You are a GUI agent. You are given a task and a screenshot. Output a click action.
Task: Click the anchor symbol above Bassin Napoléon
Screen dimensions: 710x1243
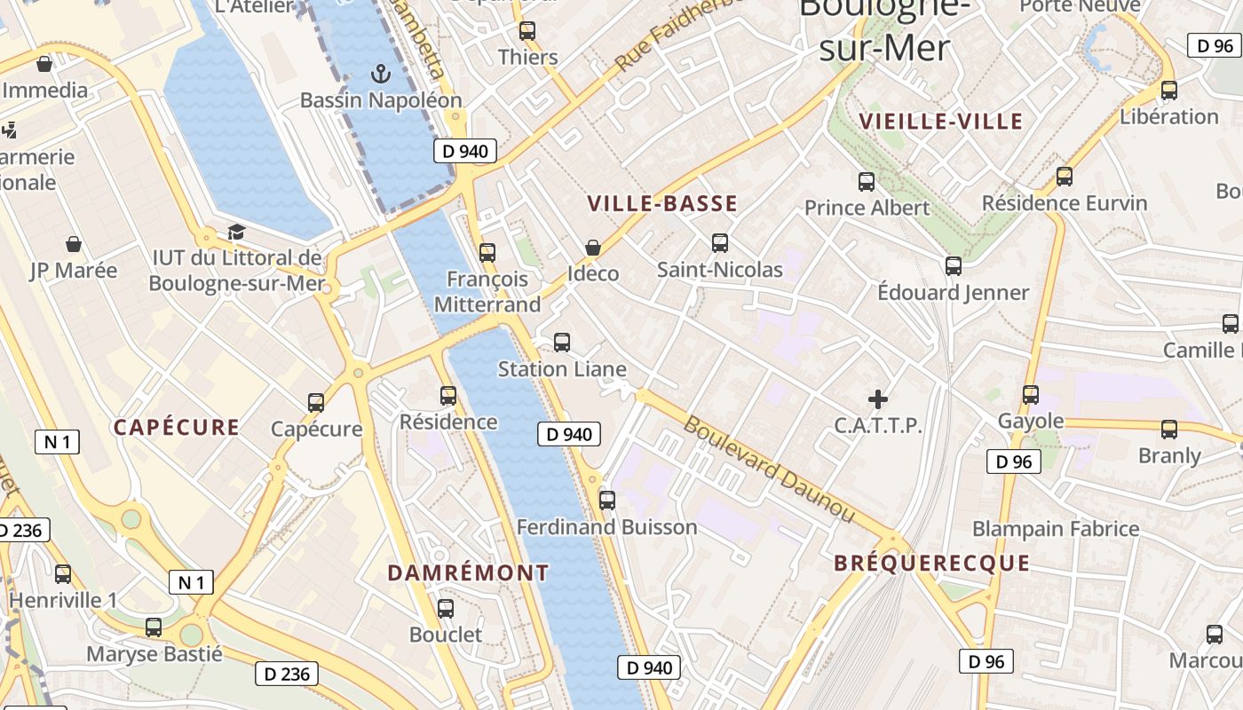[x=381, y=74]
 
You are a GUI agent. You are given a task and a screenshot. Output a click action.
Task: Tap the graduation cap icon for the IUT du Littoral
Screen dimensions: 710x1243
[x=236, y=232]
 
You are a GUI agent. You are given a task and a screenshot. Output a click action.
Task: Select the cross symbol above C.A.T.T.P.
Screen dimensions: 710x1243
[x=878, y=399]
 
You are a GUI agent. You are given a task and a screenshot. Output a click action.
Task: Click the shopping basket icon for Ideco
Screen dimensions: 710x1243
[x=592, y=248]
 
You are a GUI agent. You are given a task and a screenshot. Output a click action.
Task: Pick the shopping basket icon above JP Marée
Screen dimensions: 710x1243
[x=74, y=244]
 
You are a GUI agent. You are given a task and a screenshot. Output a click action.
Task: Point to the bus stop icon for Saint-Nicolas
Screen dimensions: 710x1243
[x=720, y=242]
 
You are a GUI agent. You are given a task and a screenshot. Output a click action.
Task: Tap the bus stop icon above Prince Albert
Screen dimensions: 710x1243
[x=867, y=182]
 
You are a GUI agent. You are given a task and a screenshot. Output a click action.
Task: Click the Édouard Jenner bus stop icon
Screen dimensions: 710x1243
[x=954, y=265]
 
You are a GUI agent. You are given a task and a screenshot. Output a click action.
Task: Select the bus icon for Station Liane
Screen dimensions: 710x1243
[x=562, y=342]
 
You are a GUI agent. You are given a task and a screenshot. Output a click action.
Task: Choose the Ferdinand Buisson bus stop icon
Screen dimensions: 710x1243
[x=607, y=501]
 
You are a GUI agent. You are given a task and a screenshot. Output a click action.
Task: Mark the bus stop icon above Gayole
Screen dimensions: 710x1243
[x=1031, y=394]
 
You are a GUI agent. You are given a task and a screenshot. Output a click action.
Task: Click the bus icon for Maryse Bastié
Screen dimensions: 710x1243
[x=154, y=627]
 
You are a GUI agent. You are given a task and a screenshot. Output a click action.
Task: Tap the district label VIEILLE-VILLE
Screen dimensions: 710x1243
[x=941, y=122]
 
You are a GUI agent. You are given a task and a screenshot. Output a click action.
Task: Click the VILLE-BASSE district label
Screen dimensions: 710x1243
[x=662, y=204]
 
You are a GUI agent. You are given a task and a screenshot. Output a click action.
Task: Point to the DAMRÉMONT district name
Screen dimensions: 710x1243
[x=468, y=573]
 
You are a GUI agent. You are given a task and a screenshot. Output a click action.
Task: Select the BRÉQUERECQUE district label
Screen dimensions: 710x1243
[x=931, y=564]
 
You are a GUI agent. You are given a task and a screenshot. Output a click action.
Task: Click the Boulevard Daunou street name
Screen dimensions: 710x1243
[x=769, y=469]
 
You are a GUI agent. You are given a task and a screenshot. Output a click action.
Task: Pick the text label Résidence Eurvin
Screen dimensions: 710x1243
[x=1065, y=203]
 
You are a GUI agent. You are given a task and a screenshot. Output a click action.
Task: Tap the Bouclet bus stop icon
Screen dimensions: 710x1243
[x=446, y=609]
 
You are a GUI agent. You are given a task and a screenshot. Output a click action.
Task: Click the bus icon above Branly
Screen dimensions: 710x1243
[x=1169, y=430]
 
